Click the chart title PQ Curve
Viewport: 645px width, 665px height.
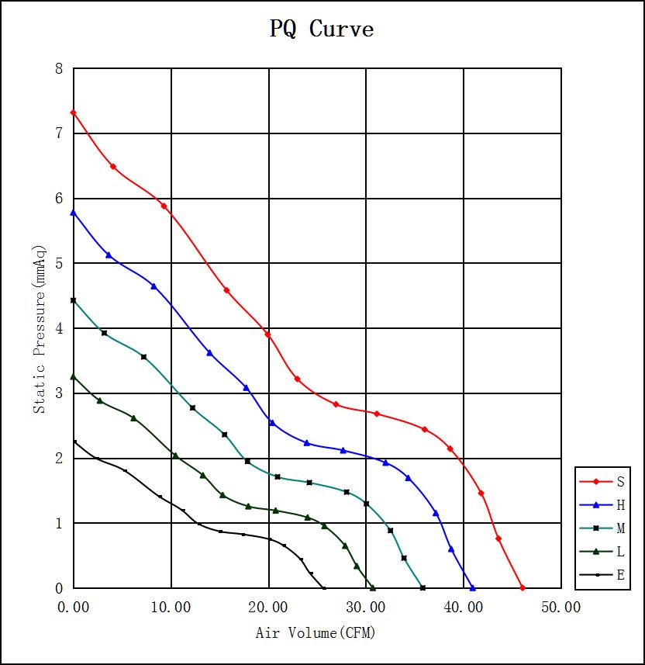pyautogui.click(x=322, y=29)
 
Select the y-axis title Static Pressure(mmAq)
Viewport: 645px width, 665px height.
pyautogui.click(x=40, y=329)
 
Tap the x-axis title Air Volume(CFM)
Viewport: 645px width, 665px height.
pyautogui.click(x=316, y=633)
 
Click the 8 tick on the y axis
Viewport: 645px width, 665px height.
pyautogui.click(x=59, y=69)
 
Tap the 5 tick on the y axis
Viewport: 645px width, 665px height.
pyautogui.click(x=59, y=264)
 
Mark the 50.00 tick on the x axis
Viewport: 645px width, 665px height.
pyautogui.click(x=560, y=607)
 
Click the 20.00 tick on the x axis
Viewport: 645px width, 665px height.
pyautogui.click(x=268, y=607)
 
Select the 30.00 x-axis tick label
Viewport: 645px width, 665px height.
pyautogui.click(x=366, y=607)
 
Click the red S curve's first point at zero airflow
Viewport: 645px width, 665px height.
pyautogui.click(x=74, y=113)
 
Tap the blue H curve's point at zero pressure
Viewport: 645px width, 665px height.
pyautogui.click(x=472, y=588)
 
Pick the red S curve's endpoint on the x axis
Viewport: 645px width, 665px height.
pyautogui.click(x=523, y=588)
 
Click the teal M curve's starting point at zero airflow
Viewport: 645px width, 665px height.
pyautogui.click(x=74, y=300)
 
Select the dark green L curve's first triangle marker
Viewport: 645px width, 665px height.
pyautogui.click(x=74, y=376)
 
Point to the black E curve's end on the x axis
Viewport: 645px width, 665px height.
pyautogui.click(x=323, y=588)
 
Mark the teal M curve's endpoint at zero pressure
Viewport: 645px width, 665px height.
pyautogui.click(x=423, y=588)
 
